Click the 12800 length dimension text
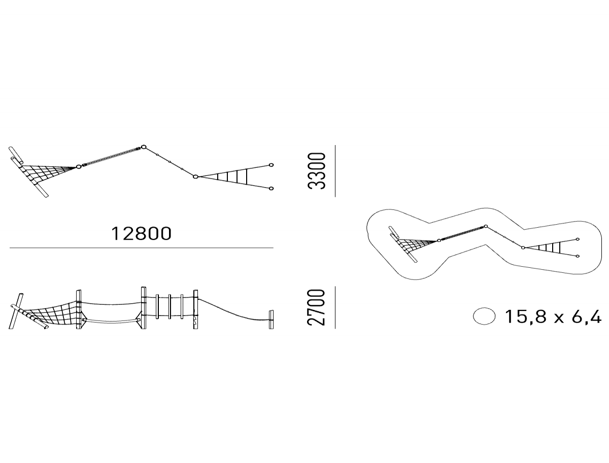141,233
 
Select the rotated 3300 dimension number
316,171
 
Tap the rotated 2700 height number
316,307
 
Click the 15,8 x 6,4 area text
553,316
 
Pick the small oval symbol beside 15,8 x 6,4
484,316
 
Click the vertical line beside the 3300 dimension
335,171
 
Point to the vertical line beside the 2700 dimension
335,307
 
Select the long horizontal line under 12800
142,247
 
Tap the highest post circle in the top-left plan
144,147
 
